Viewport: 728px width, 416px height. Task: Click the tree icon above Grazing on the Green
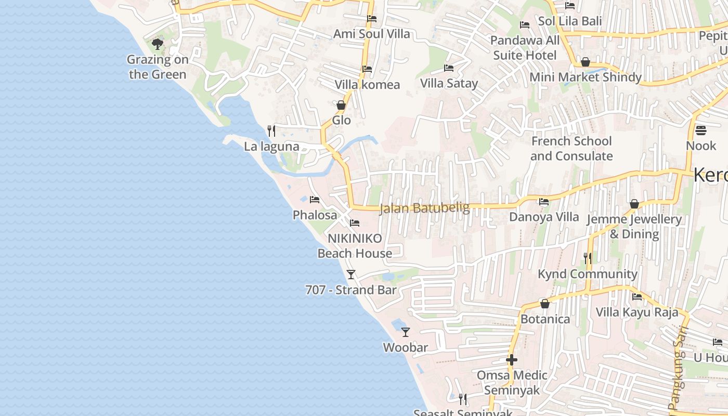click(158, 44)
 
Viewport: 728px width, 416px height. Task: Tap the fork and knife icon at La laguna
click(271, 131)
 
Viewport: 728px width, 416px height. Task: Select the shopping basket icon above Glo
click(341, 105)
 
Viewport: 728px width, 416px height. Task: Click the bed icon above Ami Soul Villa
click(372, 19)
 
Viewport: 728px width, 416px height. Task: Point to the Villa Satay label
click(449, 83)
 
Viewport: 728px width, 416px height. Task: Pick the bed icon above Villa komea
click(367, 69)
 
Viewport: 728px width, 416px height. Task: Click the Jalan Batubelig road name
click(425, 209)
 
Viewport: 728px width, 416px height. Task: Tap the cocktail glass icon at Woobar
click(406, 332)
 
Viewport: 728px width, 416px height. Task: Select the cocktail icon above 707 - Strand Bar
click(351, 274)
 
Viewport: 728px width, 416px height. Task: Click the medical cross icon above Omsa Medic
click(512, 360)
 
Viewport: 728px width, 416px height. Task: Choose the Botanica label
click(545, 319)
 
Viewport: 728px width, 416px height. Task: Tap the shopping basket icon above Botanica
click(545, 304)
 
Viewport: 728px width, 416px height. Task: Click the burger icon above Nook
click(701, 130)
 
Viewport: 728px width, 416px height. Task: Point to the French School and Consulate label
click(571, 149)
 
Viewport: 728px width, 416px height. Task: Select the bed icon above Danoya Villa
click(544, 202)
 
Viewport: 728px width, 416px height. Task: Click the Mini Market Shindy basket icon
click(586, 62)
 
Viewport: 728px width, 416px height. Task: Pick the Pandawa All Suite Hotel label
click(525, 48)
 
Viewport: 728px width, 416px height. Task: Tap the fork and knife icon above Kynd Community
click(587, 258)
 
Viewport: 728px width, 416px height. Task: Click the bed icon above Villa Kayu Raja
click(637, 297)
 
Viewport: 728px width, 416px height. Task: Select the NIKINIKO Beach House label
click(355, 246)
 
